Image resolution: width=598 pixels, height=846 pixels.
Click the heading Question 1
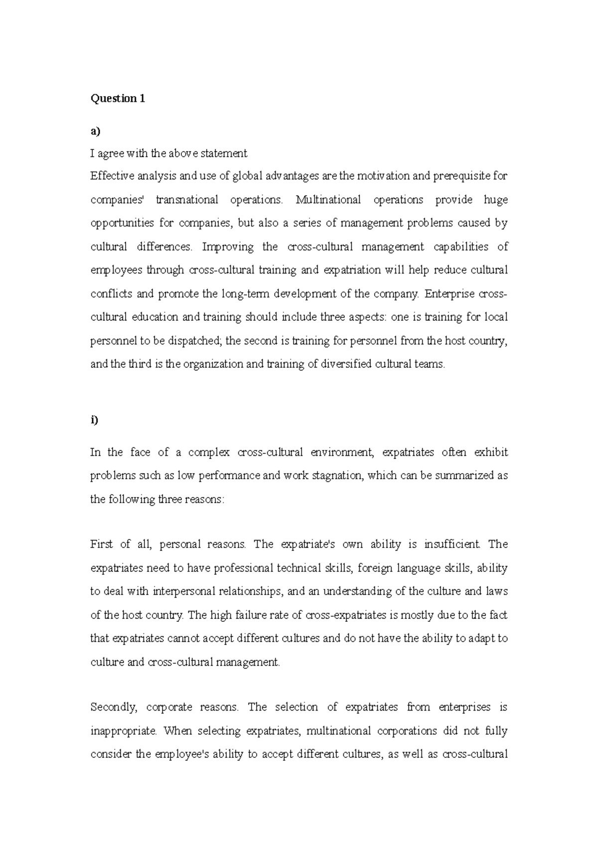coord(117,99)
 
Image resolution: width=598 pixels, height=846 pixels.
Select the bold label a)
coord(95,132)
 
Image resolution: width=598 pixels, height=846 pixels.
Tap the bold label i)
coord(94,420)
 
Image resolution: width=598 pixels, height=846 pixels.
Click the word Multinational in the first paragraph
coord(328,200)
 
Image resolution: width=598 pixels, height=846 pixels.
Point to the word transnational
coord(187,200)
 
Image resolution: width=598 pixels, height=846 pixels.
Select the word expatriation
coord(351,271)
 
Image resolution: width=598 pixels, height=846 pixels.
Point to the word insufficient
coord(452,545)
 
